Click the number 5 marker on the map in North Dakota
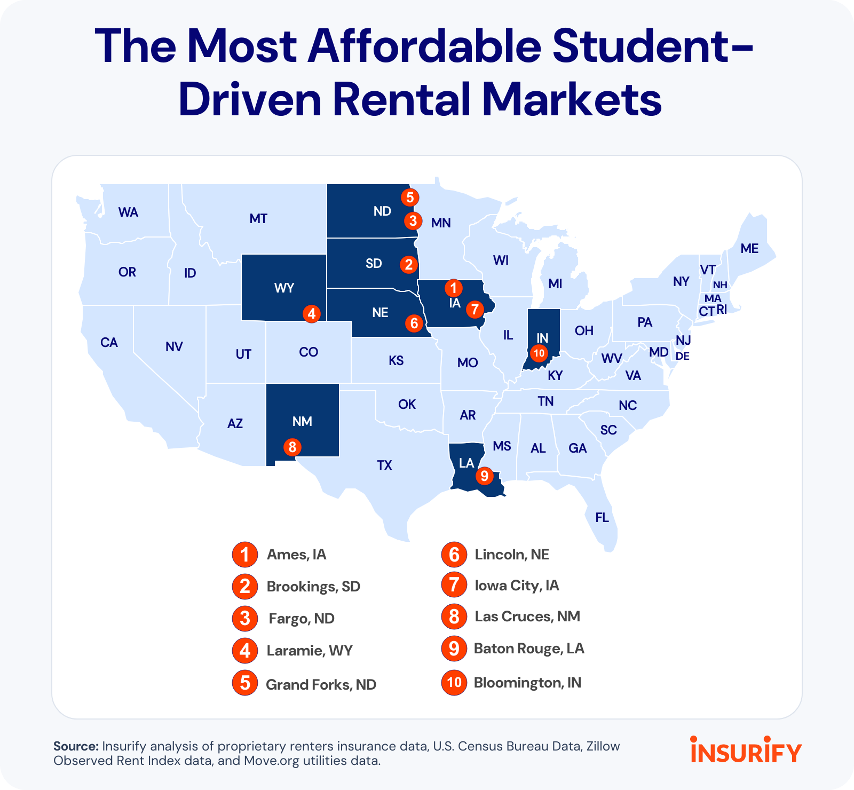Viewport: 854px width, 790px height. pyautogui.click(x=409, y=197)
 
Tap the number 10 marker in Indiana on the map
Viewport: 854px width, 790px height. pyautogui.click(x=539, y=353)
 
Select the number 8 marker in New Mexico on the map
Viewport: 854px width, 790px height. pyautogui.click(x=292, y=446)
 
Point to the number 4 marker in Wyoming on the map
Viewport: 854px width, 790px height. pyautogui.click(x=312, y=313)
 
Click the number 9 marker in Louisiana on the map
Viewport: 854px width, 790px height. pyautogui.click(x=484, y=475)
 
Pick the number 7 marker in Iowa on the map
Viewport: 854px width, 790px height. pyautogui.click(x=474, y=309)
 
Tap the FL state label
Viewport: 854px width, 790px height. pyautogui.click(x=602, y=517)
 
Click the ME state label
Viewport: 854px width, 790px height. pyautogui.click(x=749, y=248)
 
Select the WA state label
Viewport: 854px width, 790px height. pyautogui.click(x=128, y=212)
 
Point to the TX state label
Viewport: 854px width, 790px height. pyautogui.click(x=384, y=465)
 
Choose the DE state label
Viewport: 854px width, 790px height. pyautogui.click(x=683, y=356)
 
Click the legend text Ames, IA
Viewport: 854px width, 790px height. pyautogui.click(x=296, y=555)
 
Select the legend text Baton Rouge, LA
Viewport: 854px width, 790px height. pyautogui.click(x=529, y=649)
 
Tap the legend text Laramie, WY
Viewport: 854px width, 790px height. pyautogui.click(x=310, y=651)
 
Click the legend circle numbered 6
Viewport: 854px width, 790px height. pyautogui.click(x=454, y=555)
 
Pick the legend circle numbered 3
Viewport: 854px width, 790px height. pyautogui.click(x=245, y=619)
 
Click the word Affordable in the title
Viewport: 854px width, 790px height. pyautogui.click(x=425, y=46)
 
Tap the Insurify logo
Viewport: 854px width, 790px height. pyautogui.click(x=746, y=750)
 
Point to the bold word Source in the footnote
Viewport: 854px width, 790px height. pyautogui.click(x=76, y=746)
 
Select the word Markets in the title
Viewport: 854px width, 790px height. pyautogui.click(x=572, y=99)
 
